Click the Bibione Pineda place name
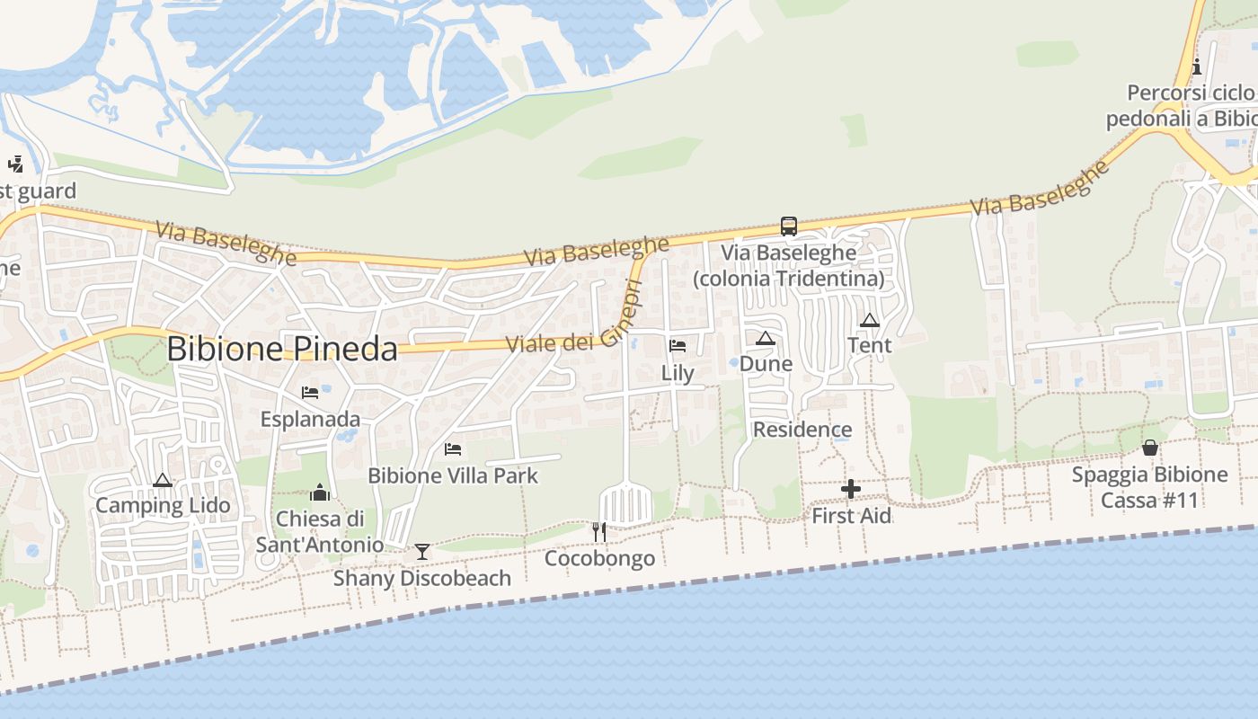click(282, 349)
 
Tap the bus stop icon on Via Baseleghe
click(788, 226)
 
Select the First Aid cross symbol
click(850, 490)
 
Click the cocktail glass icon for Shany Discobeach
click(421, 551)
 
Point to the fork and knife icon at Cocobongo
click(599, 532)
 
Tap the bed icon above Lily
click(678, 346)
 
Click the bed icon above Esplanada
click(310, 393)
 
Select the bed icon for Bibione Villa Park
click(453, 448)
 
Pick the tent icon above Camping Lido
click(163, 480)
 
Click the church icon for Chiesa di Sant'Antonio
click(320, 493)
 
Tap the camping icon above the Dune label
click(765, 339)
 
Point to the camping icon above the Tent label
click(869, 320)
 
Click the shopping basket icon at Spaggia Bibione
click(1149, 448)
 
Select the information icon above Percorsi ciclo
click(1196, 67)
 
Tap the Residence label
click(802, 430)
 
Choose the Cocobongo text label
click(599, 559)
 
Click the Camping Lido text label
click(163, 505)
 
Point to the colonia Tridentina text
click(788, 279)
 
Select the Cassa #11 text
click(1149, 501)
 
